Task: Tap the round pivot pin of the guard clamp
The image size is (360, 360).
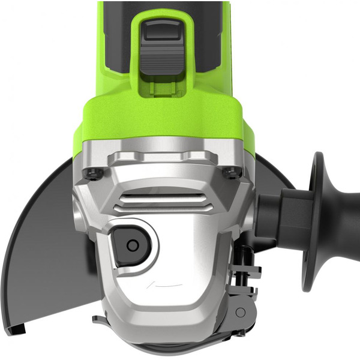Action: tap(241, 313)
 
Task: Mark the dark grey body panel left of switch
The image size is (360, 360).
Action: tap(117, 36)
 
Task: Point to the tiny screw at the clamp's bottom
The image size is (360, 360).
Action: tap(237, 333)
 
